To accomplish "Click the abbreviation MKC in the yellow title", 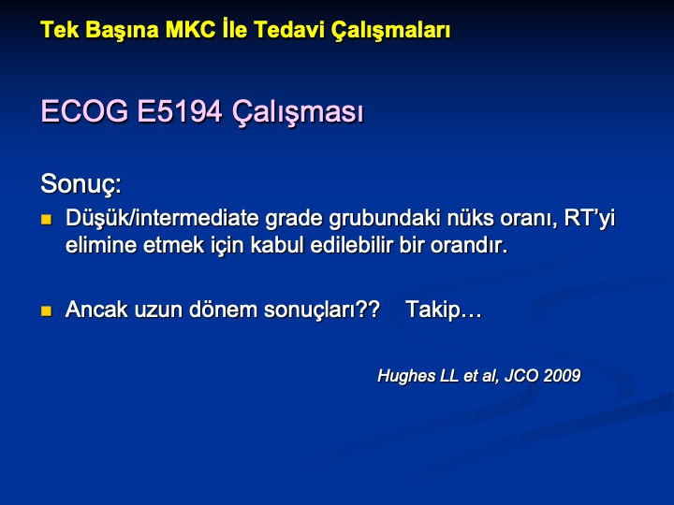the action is coord(190,30).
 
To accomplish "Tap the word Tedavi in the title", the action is coord(289,30).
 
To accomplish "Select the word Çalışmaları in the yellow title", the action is coord(390,31).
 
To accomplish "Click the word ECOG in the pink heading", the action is coord(84,110).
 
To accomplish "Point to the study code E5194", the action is coord(180,110).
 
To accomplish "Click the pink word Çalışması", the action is coord(298,112).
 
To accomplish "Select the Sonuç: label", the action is coord(81,184).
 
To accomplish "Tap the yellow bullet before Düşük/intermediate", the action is coord(46,220).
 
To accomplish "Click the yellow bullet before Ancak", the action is coord(46,310).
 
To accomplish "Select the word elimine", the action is coord(101,245).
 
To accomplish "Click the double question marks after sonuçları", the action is coord(369,309).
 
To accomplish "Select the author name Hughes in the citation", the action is coord(406,376).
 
